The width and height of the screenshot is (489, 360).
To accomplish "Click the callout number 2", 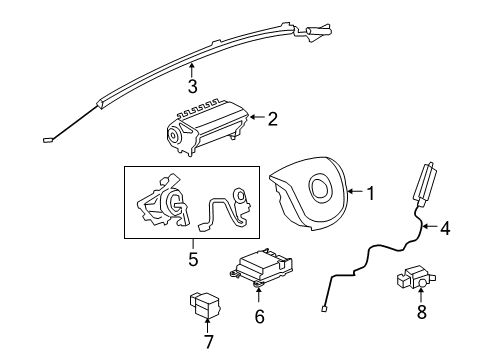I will (x=272, y=119).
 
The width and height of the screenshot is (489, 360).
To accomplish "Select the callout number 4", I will (x=444, y=228).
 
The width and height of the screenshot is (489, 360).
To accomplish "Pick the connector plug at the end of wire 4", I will (x=326, y=309).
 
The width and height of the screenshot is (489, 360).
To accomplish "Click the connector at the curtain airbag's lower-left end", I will (x=48, y=141).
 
